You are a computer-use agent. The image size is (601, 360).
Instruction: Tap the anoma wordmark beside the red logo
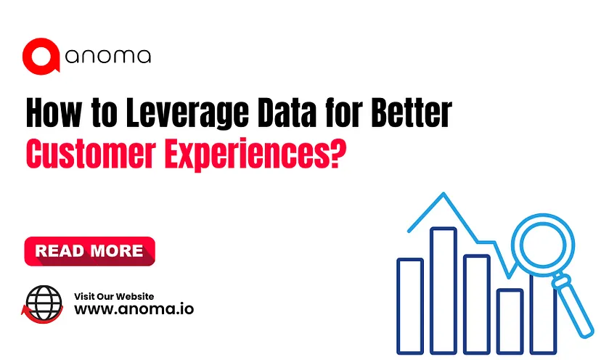pyautogui.click(x=108, y=57)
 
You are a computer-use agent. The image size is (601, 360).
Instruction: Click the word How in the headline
pyautogui.click(x=54, y=112)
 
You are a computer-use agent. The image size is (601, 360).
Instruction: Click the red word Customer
pyautogui.click(x=91, y=153)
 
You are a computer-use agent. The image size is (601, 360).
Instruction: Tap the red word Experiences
pyautogui.click(x=246, y=155)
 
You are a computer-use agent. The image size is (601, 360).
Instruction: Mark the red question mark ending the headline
pyautogui.click(x=338, y=153)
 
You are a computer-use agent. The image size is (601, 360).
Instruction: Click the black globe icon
pyautogui.click(x=44, y=303)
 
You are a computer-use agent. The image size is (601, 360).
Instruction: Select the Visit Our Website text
pyautogui.click(x=114, y=296)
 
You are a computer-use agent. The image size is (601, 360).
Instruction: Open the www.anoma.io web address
pyautogui.click(x=134, y=309)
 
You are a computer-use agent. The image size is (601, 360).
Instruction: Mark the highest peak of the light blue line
pyautogui.click(x=443, y=194)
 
